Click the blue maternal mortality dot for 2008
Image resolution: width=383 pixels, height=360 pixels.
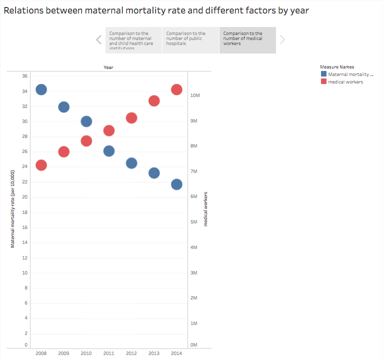(41, 89)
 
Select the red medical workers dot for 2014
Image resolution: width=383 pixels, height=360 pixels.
(176, 89)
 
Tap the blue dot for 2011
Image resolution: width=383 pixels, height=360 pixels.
(109, 150)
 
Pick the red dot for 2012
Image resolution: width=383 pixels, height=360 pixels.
(131, 118)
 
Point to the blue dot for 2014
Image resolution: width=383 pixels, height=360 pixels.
(176, 184)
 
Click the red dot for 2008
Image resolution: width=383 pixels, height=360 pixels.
(41, 165)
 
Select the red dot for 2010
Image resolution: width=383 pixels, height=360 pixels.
(86, 141)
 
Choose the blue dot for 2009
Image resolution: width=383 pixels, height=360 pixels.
(64, 107)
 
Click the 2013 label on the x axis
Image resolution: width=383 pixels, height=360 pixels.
(154, 353)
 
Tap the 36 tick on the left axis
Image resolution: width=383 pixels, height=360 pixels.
(24, 76)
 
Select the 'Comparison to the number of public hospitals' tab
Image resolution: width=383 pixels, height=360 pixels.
(190, 40)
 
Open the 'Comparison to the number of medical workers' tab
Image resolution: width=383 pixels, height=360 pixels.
(247, 40)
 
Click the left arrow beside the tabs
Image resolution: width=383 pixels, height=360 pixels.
(99, 40)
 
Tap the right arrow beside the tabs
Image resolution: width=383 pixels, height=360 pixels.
(282, 40)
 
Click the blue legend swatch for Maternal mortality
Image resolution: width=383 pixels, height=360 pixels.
(323, 74)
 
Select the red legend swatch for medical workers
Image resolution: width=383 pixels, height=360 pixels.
(323, 81)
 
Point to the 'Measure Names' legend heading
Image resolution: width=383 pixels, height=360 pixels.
(337, 66)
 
